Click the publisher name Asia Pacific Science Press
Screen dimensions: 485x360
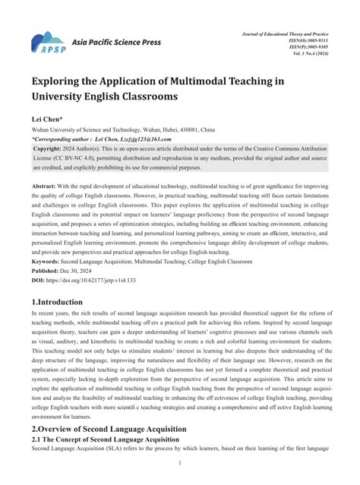116,43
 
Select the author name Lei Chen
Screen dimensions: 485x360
47,120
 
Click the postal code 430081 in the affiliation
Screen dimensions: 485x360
193,130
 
